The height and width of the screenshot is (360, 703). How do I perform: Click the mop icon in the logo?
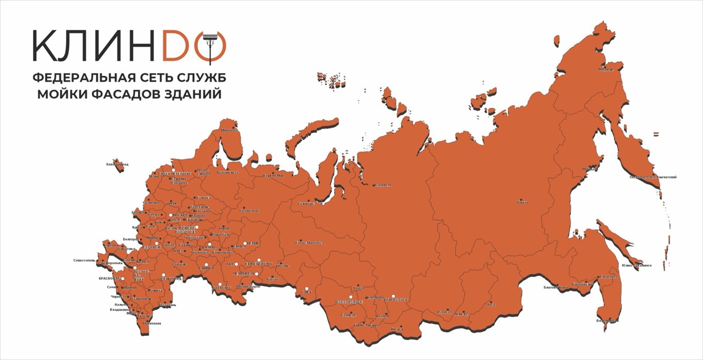pyautogui.click(x=209, y=46)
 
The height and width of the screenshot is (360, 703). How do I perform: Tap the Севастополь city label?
pyautogui.click(x=84, y=260)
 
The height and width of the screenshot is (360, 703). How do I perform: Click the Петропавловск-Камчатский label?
pyautogui.click(x=653, y=177)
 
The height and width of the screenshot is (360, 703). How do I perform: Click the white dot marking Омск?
pyautogui.click(x=307, y=288)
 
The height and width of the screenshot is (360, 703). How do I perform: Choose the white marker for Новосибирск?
pyautogui.click(x=351, y=297)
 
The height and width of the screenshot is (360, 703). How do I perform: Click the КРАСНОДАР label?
pyautogui.click(x=109, y=278)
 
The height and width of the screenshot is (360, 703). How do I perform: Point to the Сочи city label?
pyautogui.click(x=112, y=287)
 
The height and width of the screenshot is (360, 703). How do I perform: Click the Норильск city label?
pyautogui.click(x=383, y=185)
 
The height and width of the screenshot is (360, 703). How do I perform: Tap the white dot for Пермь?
pyautogui.click(x=245, y=243)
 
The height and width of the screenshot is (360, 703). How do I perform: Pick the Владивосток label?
pyautogui.click(x=608, y=321)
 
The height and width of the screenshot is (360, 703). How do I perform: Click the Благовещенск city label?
pyautogui.click(x=556, y=287)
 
